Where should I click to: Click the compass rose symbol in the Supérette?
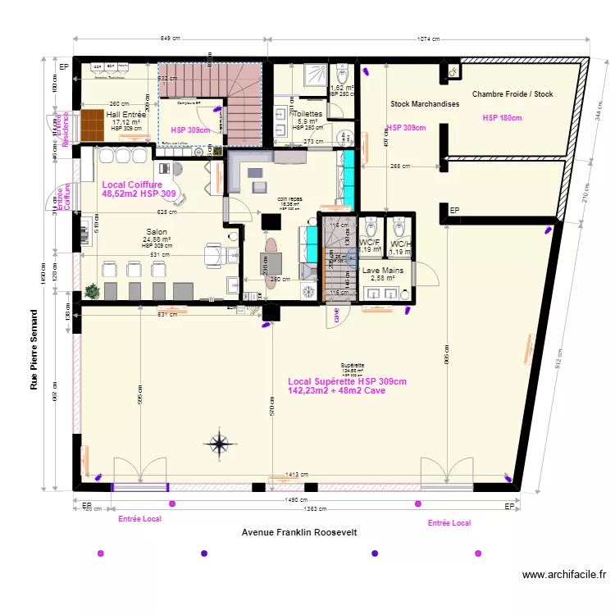[220, 444]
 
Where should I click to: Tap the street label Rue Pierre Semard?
[34, 349]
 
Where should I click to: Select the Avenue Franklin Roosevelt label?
[299, 532]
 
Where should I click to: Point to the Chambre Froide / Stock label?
[512, 94]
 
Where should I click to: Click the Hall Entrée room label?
[126, 116]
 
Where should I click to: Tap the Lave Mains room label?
[382, 270]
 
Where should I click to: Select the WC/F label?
[370, 244]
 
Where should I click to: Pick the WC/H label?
[400, 244]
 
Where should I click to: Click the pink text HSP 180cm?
[502, 119]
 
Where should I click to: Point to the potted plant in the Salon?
[91, 290]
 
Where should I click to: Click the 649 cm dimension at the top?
[171, 39]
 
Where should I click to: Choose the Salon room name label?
[157, 232]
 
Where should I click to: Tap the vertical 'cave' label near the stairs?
[336, 315]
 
